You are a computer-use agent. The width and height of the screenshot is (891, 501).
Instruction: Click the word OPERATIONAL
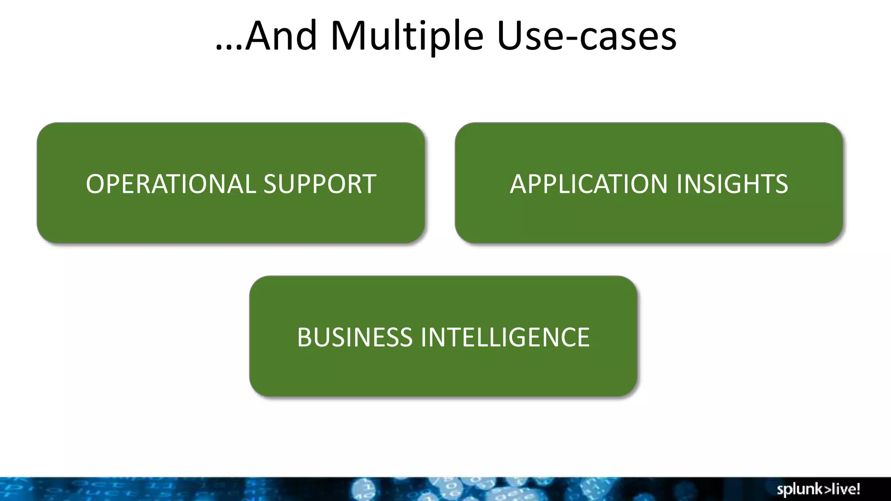171,184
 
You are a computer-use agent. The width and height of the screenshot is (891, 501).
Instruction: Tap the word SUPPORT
320,184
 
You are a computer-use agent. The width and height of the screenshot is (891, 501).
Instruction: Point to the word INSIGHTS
732,184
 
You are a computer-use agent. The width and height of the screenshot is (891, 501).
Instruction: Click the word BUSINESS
355,337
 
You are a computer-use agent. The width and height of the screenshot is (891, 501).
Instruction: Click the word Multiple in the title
407,37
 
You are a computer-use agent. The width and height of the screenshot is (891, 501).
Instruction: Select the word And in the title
281,37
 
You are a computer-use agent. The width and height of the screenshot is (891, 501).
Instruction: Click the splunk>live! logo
818,489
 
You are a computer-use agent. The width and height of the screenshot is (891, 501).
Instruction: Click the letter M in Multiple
348,37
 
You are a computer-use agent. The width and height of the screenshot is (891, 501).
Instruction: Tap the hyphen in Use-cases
572,40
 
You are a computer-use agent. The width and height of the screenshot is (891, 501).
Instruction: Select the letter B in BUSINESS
305,337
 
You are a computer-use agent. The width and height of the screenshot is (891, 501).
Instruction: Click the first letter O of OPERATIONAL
95,184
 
